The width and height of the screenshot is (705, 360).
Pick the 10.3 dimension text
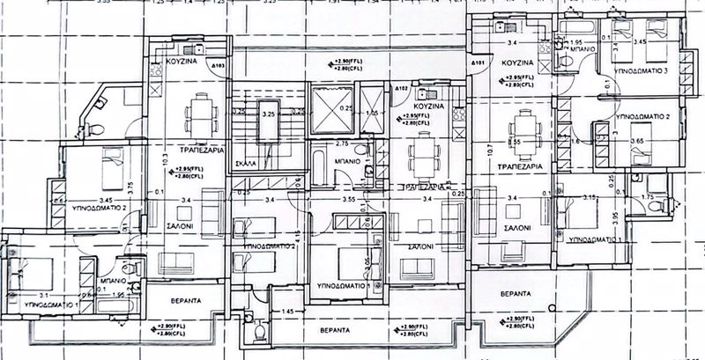164,160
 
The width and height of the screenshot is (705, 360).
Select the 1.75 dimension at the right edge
646,198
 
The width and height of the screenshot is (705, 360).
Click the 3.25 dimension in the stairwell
268,115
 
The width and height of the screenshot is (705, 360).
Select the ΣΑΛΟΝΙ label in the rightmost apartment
516,228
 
